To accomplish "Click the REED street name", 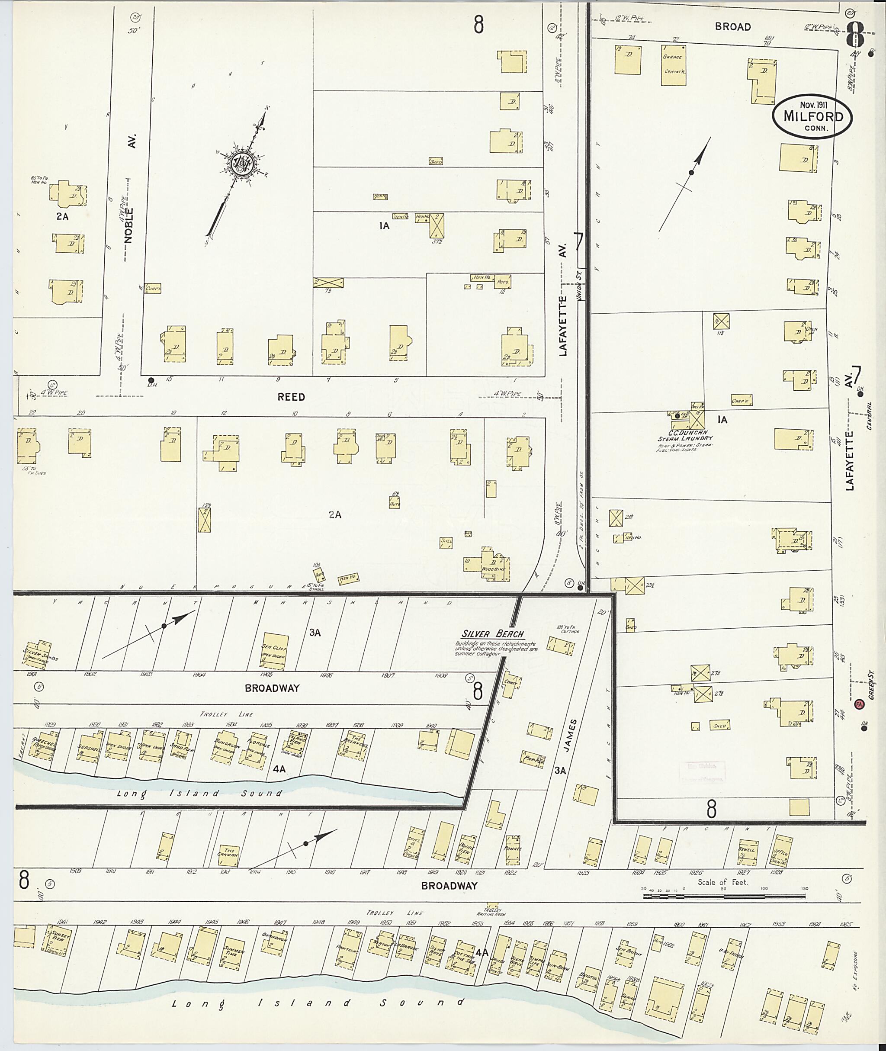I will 291,397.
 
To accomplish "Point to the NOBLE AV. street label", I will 130,211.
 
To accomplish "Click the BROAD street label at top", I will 733,27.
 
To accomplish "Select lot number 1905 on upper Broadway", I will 266,675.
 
